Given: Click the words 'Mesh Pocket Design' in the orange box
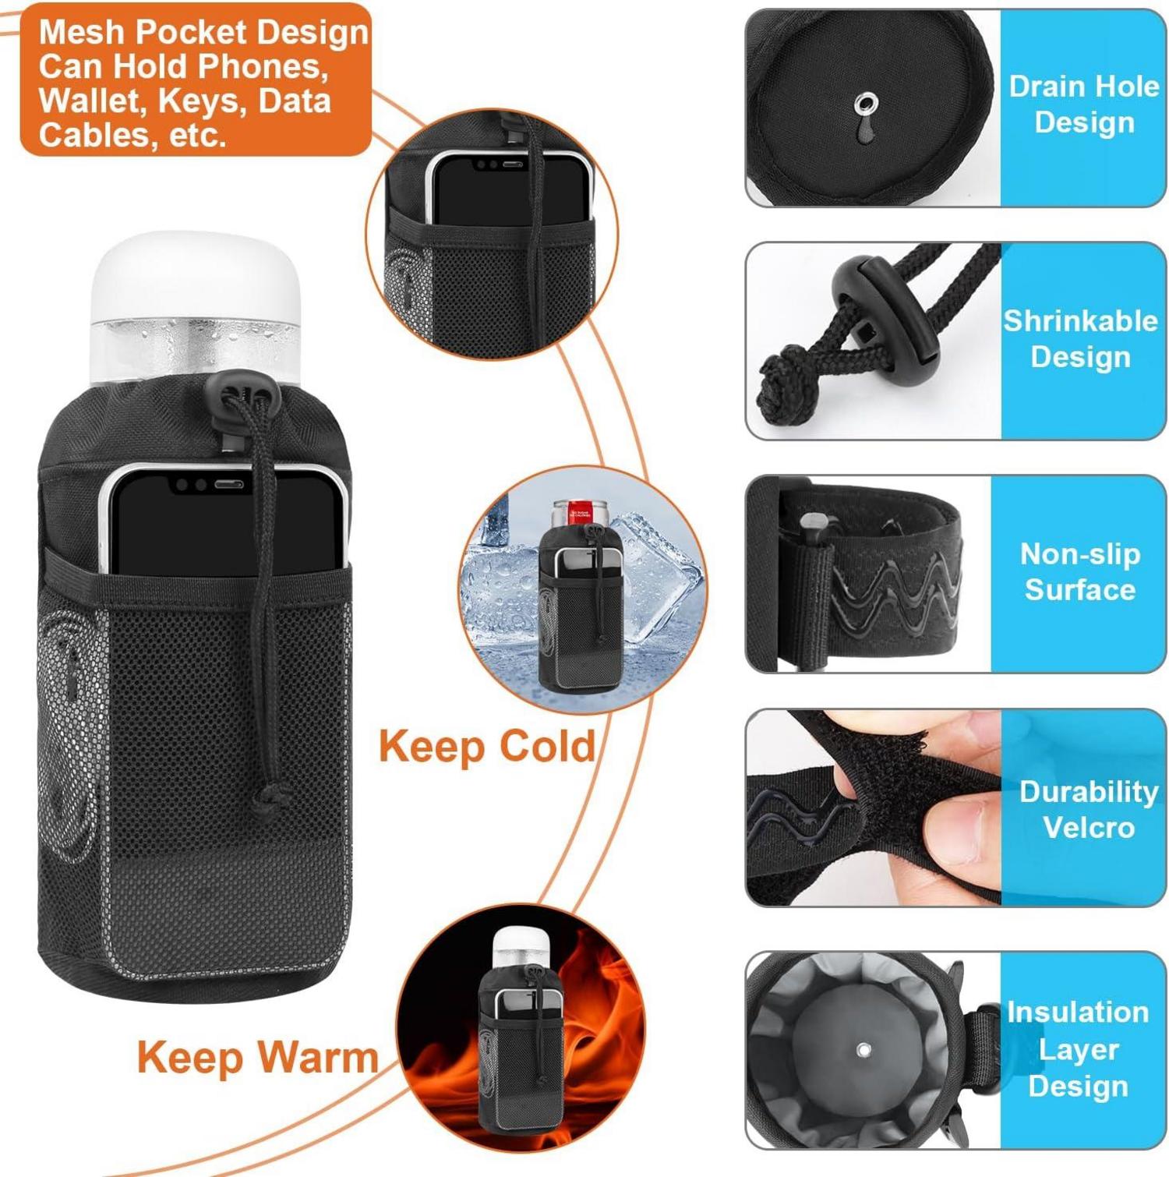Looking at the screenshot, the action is [203, 32].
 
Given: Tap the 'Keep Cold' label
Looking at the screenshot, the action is [487, 746].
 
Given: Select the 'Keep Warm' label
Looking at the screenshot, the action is [258, 1058].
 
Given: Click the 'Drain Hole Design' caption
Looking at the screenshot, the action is [1084, 104].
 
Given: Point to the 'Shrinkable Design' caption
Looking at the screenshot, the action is [1080, 338].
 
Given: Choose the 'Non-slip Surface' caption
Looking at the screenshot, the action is [1080, 571].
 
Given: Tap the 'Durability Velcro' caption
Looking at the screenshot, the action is [1089, 809].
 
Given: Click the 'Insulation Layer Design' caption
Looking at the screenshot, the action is [1078, 1049].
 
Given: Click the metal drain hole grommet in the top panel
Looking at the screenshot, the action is [865, 103].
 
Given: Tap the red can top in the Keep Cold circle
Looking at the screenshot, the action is [580, 511].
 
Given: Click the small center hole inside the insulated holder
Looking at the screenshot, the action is [864, 1050].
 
